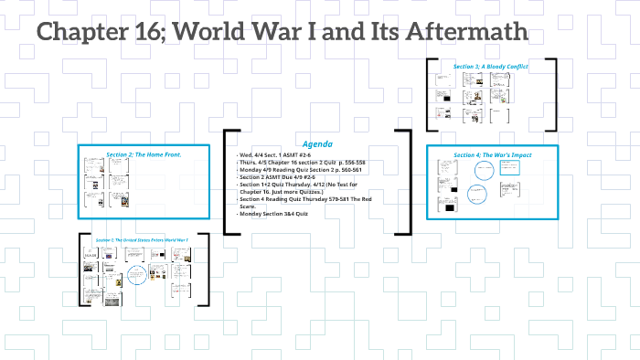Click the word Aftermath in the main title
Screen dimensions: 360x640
(x=470, y=33)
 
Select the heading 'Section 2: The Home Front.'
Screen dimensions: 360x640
(x=144, y=154)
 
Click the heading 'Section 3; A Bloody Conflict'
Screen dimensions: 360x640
(x=490, y=67)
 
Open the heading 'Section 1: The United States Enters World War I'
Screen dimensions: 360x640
(x=141, y=239)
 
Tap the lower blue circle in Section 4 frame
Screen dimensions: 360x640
(x=478, y=195)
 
